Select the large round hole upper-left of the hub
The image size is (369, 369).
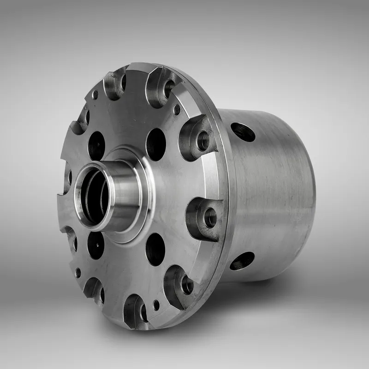96,145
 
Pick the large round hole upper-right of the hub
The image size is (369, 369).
156,144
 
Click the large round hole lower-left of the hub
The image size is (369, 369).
95,245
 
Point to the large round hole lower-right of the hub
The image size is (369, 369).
155,249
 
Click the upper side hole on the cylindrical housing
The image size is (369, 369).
243,132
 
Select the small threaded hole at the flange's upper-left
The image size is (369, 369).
95,95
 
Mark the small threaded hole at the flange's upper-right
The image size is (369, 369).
177,109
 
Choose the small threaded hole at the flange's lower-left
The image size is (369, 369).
78,273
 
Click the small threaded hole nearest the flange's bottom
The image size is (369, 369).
156,305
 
